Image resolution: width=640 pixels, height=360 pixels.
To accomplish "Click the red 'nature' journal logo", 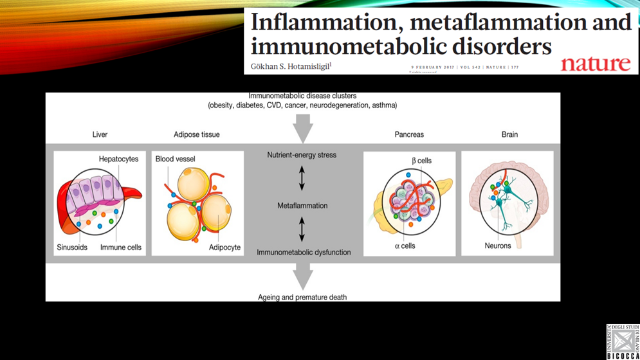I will [595, 63].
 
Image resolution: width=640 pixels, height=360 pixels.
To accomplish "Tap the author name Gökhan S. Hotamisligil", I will [291, 66].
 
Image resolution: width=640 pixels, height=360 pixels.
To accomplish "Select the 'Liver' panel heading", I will [100, 134].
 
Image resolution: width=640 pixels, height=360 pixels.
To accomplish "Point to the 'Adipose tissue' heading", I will [197, 134].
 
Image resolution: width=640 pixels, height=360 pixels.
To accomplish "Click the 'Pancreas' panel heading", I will [409, 134].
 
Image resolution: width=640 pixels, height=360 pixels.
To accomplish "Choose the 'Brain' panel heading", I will [509, 134].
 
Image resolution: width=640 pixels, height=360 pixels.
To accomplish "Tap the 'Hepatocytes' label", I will [118, 159].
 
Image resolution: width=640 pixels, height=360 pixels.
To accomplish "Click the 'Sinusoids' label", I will [72, 248].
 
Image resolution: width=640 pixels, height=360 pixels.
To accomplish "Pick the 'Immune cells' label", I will [121, 248].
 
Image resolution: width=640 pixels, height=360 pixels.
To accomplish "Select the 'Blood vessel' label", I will [175, 159].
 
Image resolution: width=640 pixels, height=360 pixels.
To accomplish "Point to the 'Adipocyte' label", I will [224, 248].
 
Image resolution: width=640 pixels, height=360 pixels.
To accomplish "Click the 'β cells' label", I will [421, 161].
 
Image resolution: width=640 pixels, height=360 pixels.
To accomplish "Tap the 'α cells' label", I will [405, 246].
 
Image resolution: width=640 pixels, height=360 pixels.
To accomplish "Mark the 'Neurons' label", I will [498, 246].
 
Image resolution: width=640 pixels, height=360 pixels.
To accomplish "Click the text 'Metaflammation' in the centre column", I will [302, 206].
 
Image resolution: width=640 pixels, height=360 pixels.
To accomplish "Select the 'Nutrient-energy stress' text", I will [302, 155].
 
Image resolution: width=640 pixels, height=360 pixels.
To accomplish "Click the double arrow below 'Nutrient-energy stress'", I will [302, 178].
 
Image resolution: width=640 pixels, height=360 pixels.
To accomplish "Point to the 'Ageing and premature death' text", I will [302, 297].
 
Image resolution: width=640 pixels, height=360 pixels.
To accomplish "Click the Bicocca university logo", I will [623, 341].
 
